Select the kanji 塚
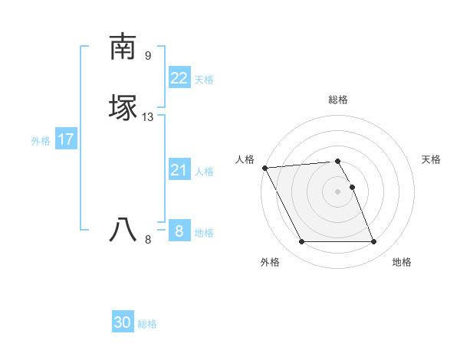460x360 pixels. [x=123, y=107]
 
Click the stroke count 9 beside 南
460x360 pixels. [x=148, y=56]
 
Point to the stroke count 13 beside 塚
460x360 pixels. [x=148, y=117]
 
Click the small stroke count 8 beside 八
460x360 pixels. [x=148, y=240]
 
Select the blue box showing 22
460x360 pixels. [x=179, y=78]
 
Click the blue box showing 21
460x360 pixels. [x=179, y=170]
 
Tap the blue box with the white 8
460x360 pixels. [x=179, y=231]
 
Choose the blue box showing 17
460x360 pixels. [x=66, y=139]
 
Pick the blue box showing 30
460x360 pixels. [x=123, y=322]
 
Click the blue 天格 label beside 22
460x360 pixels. [x=204, y=80]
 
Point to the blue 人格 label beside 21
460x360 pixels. [x=204, y=172]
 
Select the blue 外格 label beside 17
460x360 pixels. [x=41, y=141]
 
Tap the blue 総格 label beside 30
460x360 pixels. [x=148, y=324]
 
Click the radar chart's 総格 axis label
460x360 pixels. [x=338, y=100]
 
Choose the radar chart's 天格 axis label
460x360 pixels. [x=432, y=159]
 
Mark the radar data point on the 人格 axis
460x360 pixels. [x=264, y=168]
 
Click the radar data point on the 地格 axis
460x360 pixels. [x=374, y=242]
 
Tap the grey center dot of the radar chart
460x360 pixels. [x=338, y=191]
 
